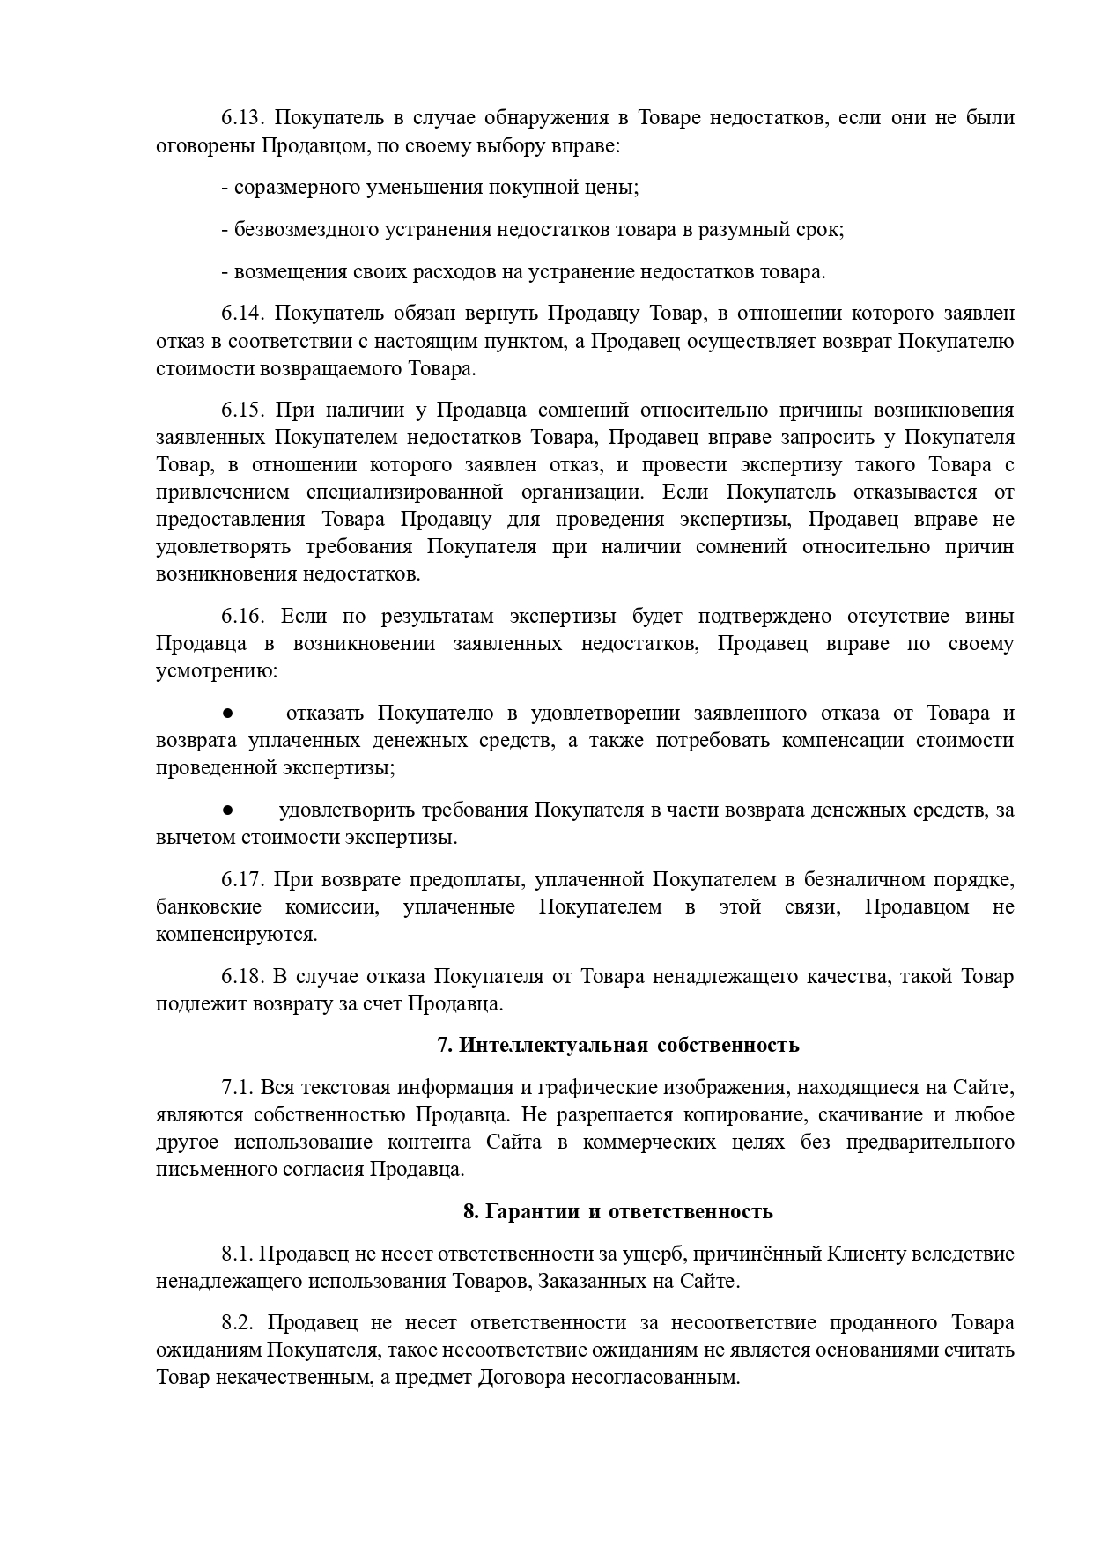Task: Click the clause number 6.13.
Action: (x=240, y=118)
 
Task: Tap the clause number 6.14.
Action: (x=240, y=314)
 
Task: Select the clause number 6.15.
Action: (x=240, y=411)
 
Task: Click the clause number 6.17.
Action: (x=240, y=879)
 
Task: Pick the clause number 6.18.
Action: (x=240, y=976)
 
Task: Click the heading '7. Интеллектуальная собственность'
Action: (x=618, y=1045)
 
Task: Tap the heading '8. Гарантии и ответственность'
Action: (x=618, y=1211)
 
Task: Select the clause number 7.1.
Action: (x=237, y=1087)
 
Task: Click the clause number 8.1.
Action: (x=237, y=1254)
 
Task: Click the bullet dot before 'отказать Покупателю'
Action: (x=226, y=713)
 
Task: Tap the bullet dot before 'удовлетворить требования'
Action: (x=226, y=810)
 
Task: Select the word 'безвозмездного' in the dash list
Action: (x=306, y=230)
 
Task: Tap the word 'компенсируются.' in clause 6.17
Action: (x=236, y=934)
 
